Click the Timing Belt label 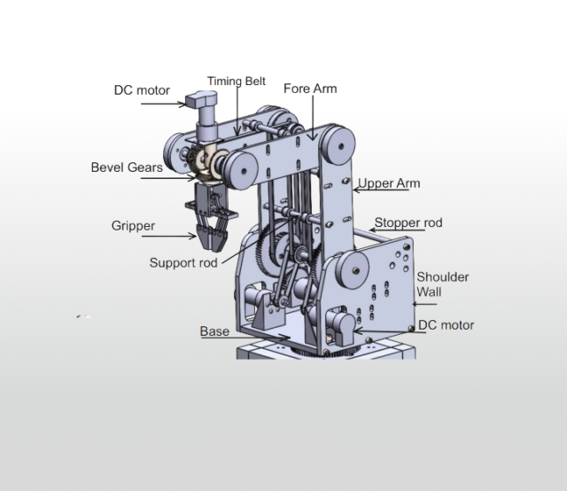pos(237,82)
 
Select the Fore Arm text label pos(310,89)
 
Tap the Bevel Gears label pos(124,167)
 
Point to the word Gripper pos(133,226)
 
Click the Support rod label pos(184,262)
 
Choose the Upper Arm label pos(389,183)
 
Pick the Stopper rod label pos(408,222)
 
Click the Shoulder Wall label pos(443,284)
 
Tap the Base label pos(214,331)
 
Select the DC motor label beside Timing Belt pos(142,90)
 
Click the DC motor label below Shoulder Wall pos(446,325)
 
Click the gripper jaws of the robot pos(213,232)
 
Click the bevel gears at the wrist pos(211,165)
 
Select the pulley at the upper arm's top pos(336,142)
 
